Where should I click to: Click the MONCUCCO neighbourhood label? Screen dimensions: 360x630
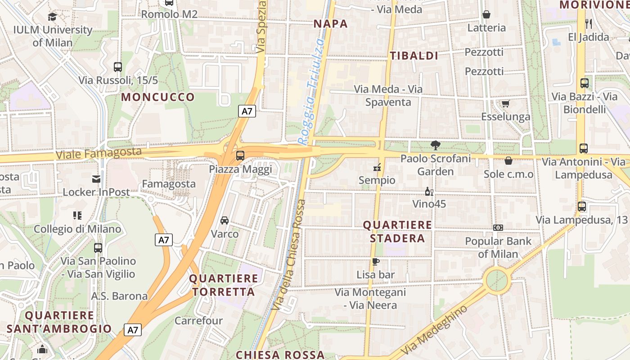(158, 97)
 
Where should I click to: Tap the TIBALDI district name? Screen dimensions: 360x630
(414, 56)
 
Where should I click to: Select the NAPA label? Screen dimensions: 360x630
(331, 24)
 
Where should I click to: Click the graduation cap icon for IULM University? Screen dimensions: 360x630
(53, 17)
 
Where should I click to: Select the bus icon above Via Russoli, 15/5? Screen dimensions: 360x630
(118, 67)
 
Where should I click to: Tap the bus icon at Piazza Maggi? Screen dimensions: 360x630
(240, 156)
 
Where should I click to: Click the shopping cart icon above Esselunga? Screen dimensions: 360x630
(505, 104)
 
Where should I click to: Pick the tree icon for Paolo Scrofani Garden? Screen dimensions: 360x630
(435, 145)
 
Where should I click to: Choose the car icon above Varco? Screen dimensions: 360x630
(225, 220)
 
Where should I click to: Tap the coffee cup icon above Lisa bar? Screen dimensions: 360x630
(376, 261)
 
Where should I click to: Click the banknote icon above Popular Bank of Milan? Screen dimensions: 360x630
(498, 228)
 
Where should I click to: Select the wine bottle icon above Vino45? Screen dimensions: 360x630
(429, 192)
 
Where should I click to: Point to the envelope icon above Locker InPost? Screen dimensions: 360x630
(96, 179)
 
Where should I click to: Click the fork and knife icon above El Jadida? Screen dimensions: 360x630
(588, 23)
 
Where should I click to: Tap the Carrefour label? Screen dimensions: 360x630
(198, 321)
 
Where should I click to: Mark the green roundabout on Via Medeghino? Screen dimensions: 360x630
(497, 280)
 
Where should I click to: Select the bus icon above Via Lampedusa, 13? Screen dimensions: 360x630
(582, 207)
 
